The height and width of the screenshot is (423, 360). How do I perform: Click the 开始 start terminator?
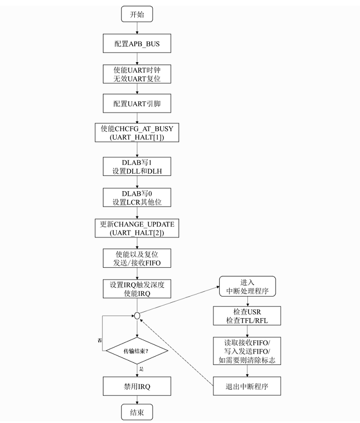[x=137, y=14]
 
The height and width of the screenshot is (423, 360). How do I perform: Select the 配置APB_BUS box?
[x=137, y=44]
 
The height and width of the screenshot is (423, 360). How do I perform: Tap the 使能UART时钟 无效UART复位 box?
[x=137, y=74]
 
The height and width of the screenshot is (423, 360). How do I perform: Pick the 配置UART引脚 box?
[x=137, y=104]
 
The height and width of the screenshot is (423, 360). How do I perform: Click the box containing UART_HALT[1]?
[x=137, y=133]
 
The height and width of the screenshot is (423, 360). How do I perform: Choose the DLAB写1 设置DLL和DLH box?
[x=137, y=167]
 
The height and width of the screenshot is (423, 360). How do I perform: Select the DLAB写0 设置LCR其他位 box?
[x=137, y=197]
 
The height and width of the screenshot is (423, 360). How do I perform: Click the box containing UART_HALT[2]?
[x=137, y=228]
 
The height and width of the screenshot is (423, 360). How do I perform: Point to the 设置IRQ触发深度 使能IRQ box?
[x=137, y=289]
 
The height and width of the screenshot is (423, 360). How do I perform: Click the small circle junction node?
[x=137, y=315]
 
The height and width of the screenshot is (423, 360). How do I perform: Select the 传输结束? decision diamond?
[x=137, y=352]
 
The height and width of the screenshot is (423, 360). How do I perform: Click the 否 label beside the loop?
[x=99, y=341]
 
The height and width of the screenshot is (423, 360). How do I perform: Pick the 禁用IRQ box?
[x=137, y=385]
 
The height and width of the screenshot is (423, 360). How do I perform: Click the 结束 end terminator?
[x=137, y=413]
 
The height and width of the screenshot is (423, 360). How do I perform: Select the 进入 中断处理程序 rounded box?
[x=247, y=287]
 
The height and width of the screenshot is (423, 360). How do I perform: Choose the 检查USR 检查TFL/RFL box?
[x=247, y=316]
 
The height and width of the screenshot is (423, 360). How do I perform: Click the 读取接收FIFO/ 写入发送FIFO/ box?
[x=247, y=351]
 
